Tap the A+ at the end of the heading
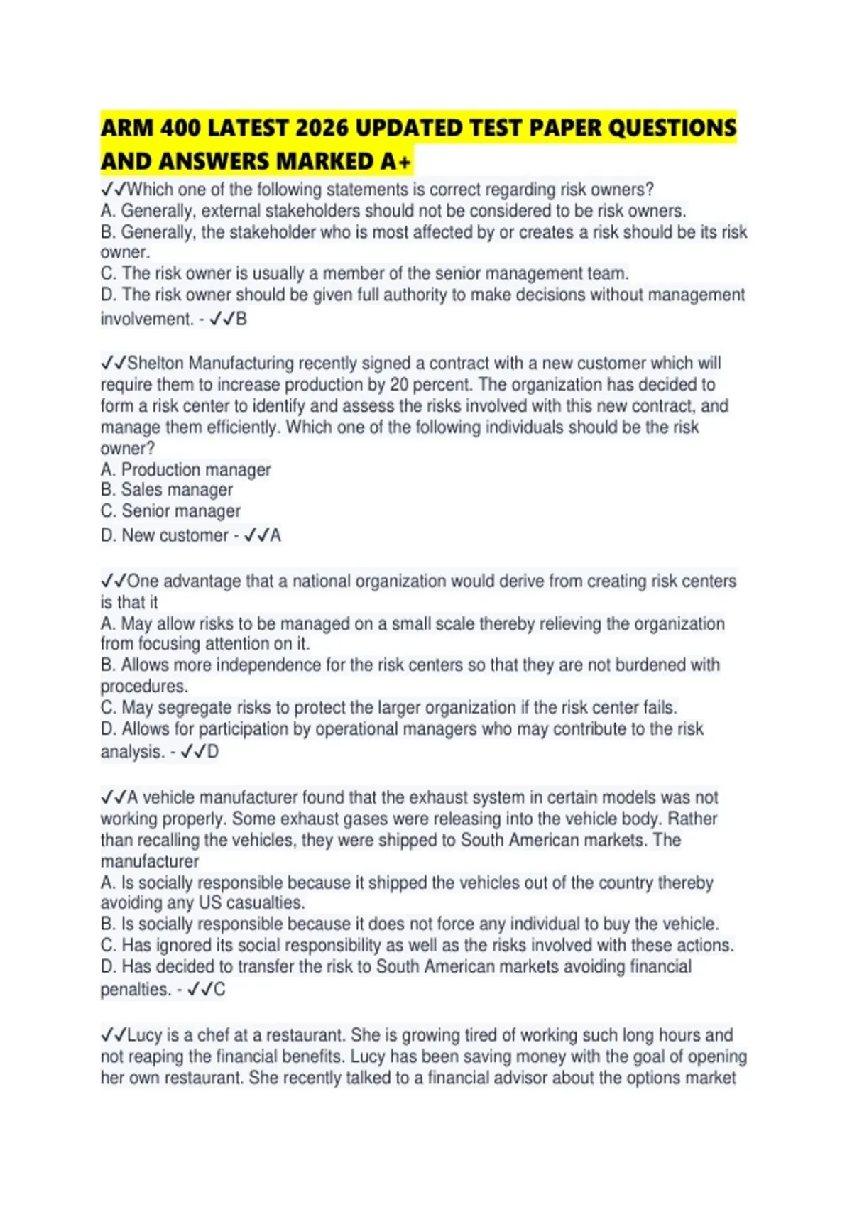395,162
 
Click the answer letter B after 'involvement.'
241,319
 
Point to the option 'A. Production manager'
186,470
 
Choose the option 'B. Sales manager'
167,490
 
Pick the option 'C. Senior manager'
171,511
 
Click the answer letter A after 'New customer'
275,535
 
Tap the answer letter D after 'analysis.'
213,752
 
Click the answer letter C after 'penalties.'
219,990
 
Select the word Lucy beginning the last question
145,1035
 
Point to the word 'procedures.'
144,687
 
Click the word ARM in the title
127,129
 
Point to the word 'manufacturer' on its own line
150,862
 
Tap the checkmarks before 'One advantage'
113,581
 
